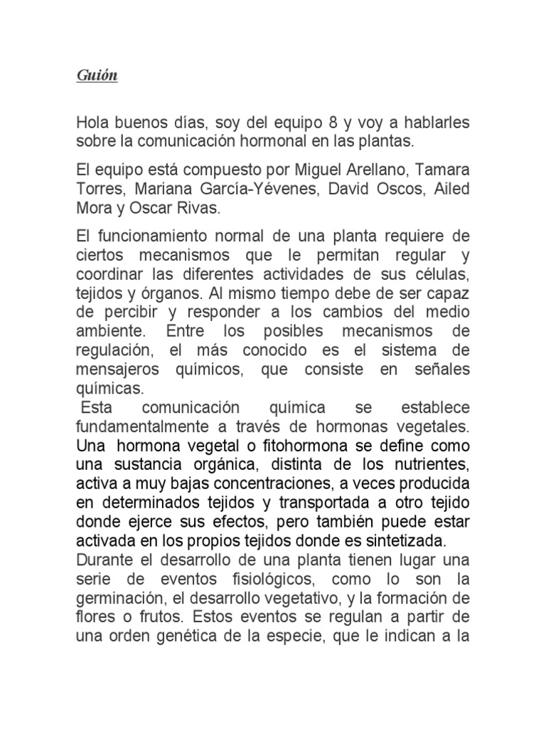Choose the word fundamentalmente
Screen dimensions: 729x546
[x=154, y=426]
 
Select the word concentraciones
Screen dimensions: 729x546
[x=270, y=484]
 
